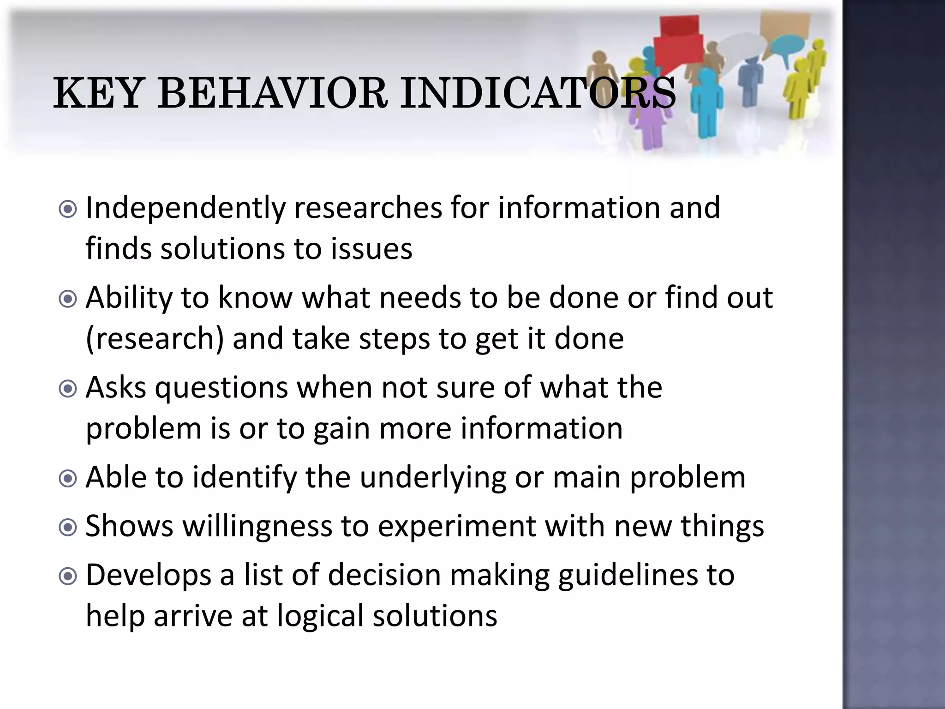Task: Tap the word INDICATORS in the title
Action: coord(538,94)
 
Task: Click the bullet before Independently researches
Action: coord(68,210)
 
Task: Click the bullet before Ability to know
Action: coord(68,300)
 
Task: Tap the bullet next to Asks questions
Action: coord(68,389)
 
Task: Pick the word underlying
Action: coord(433,478)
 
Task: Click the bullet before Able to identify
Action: coord(68,479)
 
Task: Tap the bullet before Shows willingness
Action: coord(68,528)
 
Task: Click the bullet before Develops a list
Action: coord(68,576)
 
